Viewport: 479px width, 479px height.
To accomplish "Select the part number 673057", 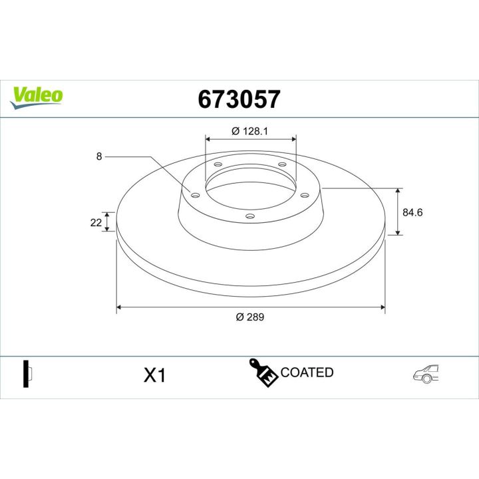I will pos(239,99).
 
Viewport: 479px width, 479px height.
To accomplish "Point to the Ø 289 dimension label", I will pos(250,317).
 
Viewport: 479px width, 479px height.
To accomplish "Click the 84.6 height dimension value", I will pos(413,212).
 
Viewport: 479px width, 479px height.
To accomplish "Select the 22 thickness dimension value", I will pos(95,222).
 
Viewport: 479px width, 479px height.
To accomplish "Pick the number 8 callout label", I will pos(99,156).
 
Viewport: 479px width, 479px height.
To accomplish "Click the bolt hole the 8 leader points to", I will pos(194,195).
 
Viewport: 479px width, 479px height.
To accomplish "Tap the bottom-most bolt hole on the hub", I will pos(250,216).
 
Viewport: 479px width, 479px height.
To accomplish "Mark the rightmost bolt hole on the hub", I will pos(305,195).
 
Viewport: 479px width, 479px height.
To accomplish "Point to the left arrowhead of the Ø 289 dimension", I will pos(120,307).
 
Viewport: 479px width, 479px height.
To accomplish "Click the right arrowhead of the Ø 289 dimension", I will pos(382,307).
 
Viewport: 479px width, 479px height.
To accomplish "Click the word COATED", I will pos(307,373).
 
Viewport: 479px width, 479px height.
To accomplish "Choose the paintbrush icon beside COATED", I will pos(263,373).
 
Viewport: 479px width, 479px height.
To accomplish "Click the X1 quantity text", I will pos(154,376).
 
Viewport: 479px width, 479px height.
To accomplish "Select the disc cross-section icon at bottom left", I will pos(28,374).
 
